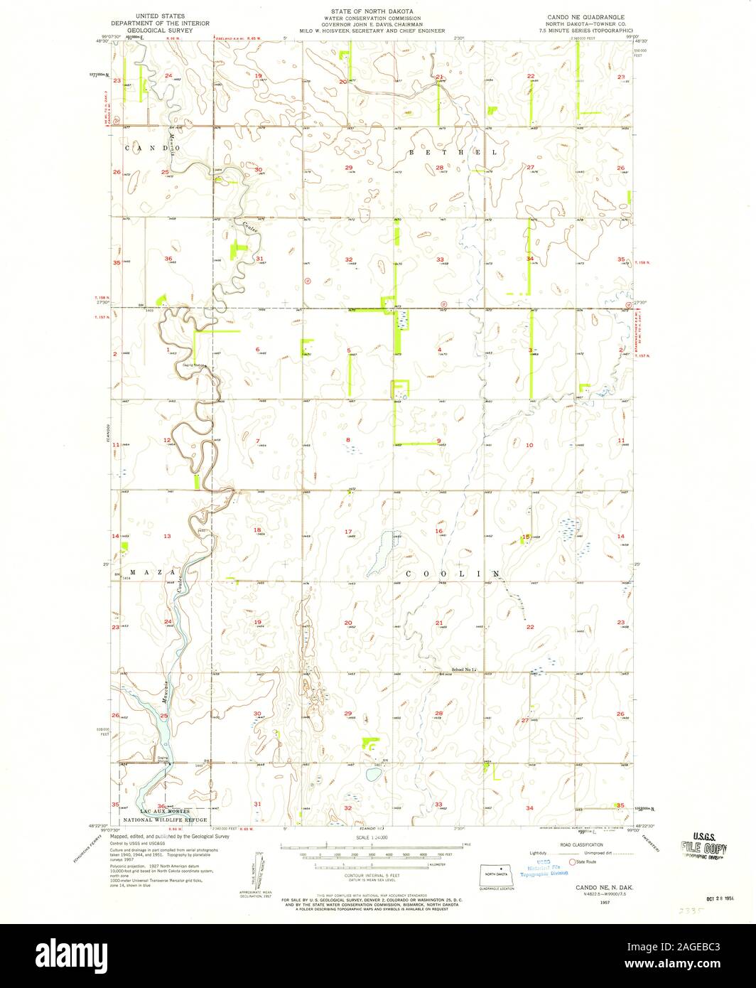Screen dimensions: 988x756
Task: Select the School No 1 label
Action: [x=467, y=670]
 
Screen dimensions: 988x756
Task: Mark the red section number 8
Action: [x=348, y=441]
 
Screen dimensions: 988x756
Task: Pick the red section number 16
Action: [x=439, y=532]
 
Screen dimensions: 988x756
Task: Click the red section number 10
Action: [x=529, y=445]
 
